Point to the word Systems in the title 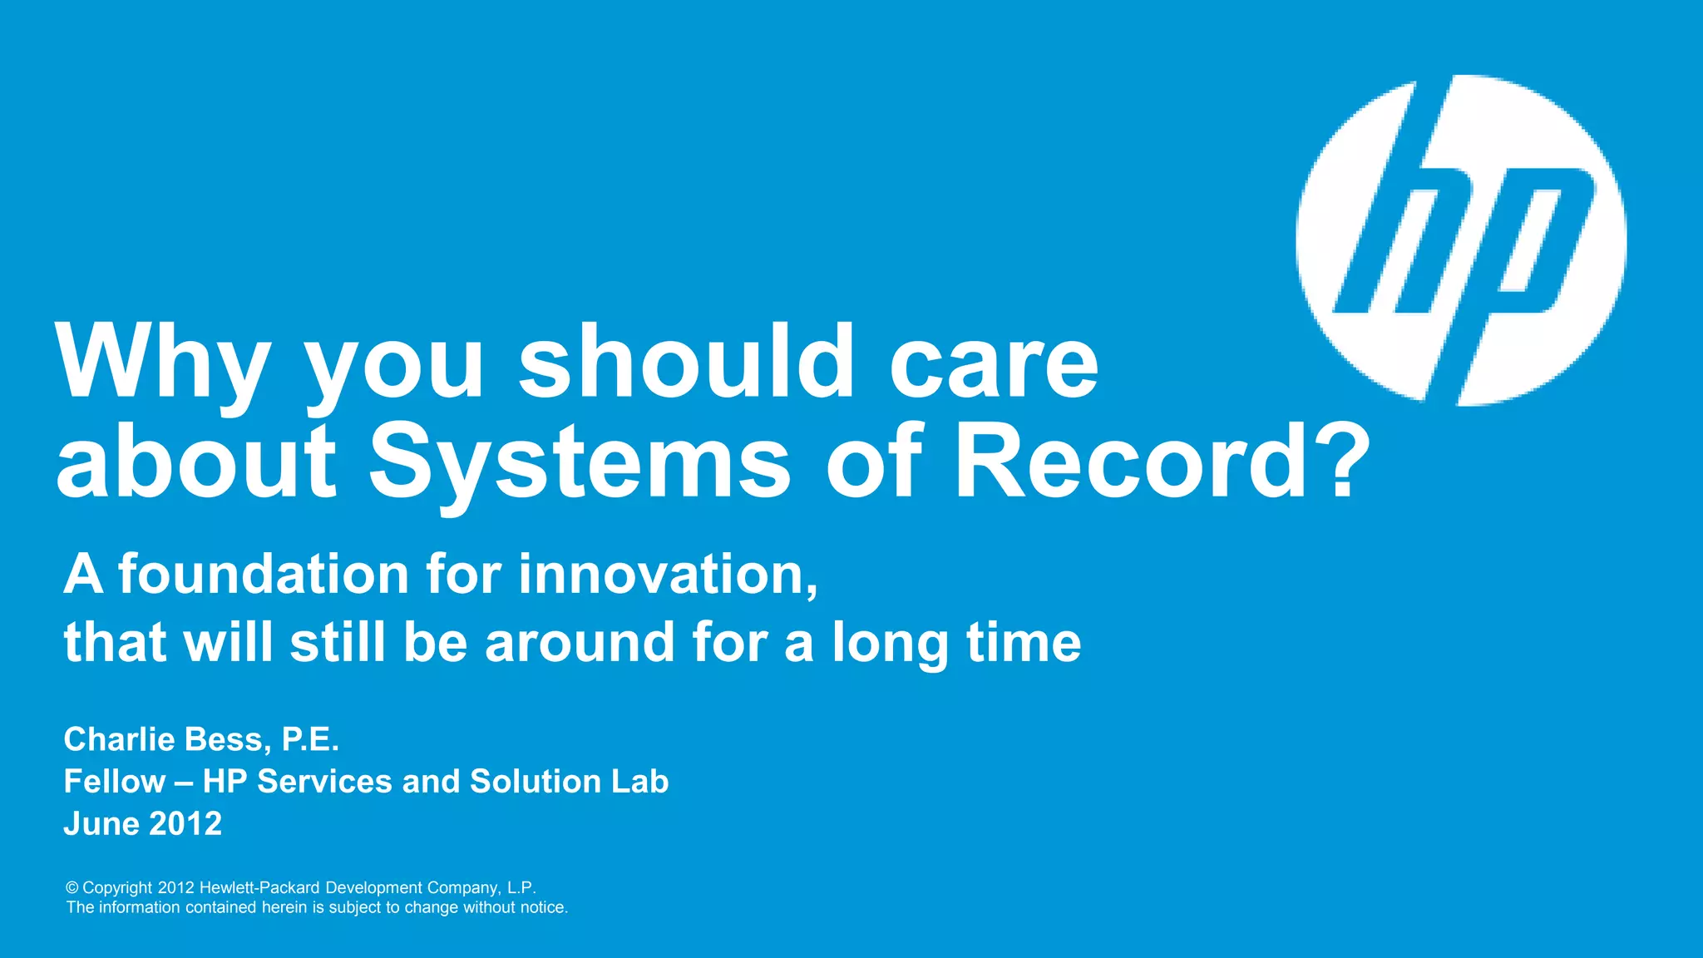(579, 462)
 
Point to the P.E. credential (310, 738)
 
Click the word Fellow (115, 781)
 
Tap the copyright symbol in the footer (72, 888)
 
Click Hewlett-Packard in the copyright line (259, 888)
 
